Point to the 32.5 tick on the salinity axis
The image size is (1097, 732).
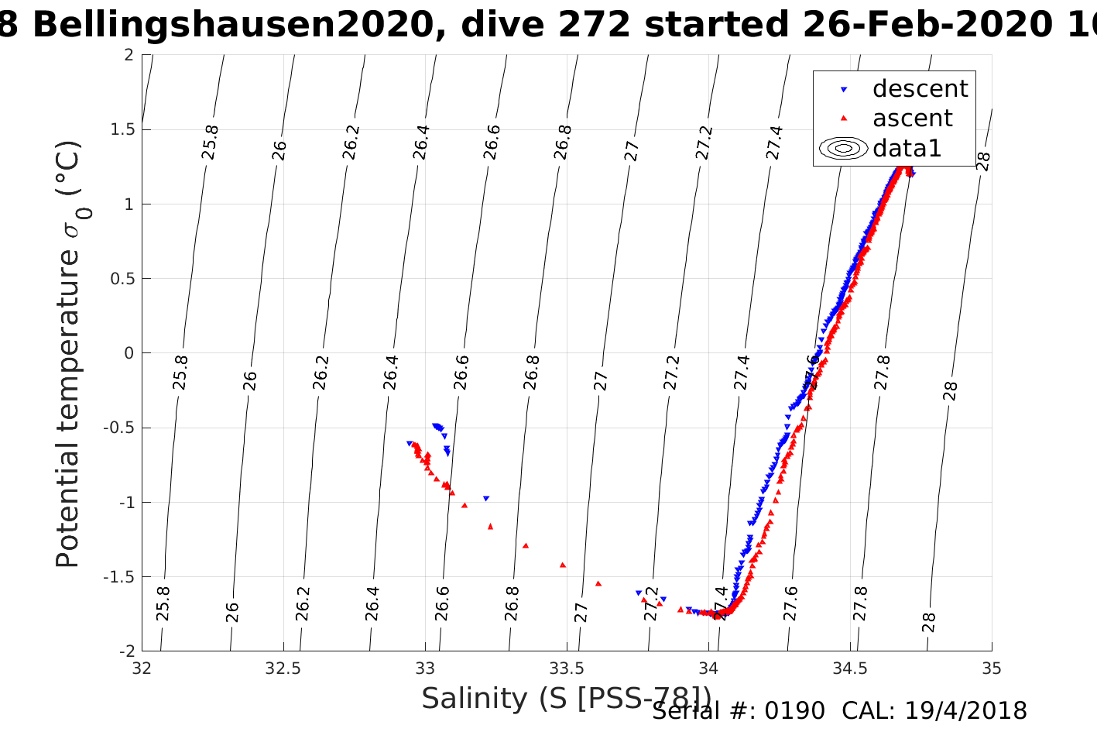point(283,668)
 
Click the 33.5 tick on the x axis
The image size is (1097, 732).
point(567,668)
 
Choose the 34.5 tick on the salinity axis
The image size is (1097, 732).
point(850,668)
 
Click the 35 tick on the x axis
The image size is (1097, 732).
point(991,668)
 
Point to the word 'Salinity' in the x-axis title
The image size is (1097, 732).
point(463,699)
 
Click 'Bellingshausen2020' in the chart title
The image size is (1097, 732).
point(233,25)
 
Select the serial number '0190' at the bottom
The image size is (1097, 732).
point(794,711)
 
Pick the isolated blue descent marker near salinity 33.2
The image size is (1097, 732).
point(486,499)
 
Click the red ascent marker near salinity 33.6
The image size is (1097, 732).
point(598,583)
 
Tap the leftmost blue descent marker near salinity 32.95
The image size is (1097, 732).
point(410,444)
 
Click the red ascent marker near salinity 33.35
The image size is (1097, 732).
point(526,545)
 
